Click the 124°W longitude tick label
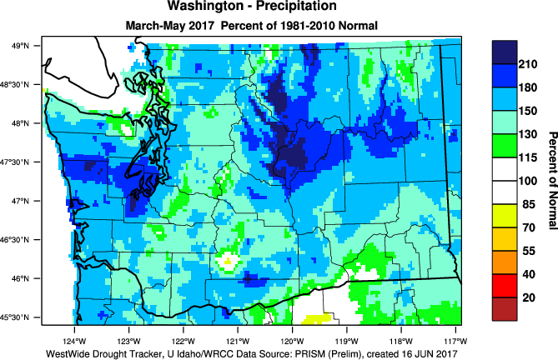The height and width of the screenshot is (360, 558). click(x=74, y=341)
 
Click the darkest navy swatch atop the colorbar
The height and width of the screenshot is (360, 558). click(x=505, y=51)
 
